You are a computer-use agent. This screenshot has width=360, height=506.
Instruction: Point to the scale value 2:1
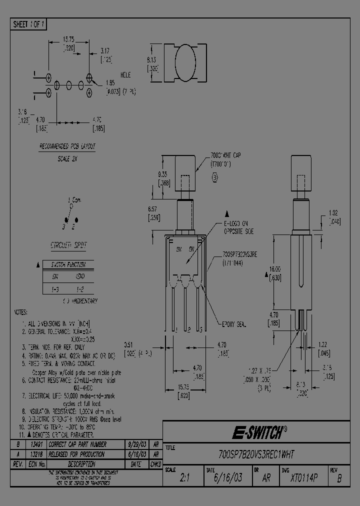185,478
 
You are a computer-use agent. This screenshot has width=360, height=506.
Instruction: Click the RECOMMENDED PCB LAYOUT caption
67,146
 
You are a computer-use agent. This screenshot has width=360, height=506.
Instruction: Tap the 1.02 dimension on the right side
334,212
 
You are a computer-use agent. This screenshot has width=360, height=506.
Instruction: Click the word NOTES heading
21,311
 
